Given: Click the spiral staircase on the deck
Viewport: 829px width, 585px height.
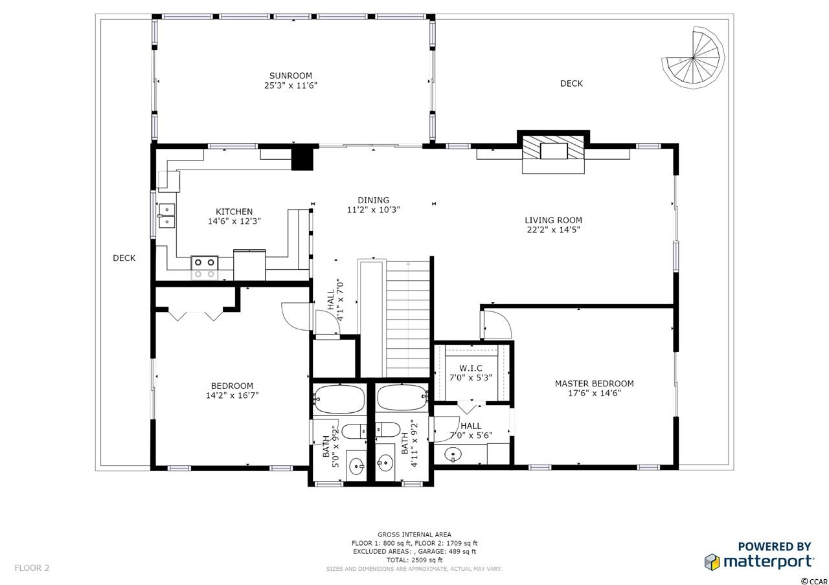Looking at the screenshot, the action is point(693,58).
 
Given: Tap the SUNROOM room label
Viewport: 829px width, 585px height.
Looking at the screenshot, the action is point(291,76).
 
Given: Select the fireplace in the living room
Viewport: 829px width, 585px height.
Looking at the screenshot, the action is point(553,152).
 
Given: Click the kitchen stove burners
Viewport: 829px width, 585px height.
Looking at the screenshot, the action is point(204,268).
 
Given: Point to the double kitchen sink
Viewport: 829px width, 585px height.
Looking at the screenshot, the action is point(166,215).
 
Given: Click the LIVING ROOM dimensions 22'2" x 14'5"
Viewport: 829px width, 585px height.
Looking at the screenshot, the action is point(553,230).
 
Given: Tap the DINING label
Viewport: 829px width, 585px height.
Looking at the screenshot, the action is point(374,200).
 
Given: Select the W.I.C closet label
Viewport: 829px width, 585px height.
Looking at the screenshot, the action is point(471,368).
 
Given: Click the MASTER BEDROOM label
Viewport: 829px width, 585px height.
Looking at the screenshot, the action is point(594,384).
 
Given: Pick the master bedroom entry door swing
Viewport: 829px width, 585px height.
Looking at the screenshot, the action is point(497,325).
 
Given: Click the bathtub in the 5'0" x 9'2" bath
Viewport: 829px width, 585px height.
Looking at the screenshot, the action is point(339,399).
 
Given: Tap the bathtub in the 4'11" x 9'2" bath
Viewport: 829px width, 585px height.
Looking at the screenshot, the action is point(402,398).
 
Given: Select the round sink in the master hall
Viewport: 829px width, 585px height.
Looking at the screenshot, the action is point(453,454).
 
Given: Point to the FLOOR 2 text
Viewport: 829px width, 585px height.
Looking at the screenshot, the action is point(32,568).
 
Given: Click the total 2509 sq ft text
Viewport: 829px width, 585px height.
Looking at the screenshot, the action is point(414,560).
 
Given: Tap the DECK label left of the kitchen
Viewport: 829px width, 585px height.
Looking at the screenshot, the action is point(124,258).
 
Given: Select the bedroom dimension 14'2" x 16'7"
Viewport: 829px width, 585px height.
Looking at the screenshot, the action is point(232,395).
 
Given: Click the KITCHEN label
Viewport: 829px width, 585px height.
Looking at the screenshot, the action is point(234,212).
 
